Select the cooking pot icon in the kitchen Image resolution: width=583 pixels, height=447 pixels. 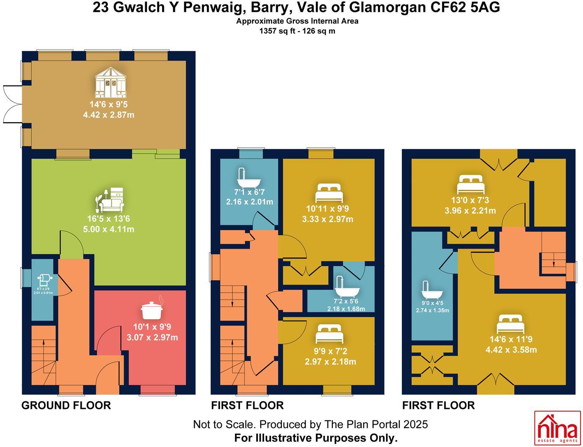coord(152,310)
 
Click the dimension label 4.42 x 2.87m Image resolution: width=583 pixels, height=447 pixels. coord(109,115)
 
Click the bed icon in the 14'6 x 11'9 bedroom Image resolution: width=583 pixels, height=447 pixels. coord(511,324)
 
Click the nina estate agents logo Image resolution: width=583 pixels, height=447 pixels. coord(557,428)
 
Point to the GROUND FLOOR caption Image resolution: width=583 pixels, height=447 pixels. coord(66,406)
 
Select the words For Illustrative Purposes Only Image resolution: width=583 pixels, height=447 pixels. coord(316,438)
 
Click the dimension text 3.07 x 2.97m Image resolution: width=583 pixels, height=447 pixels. coord(152,337)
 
